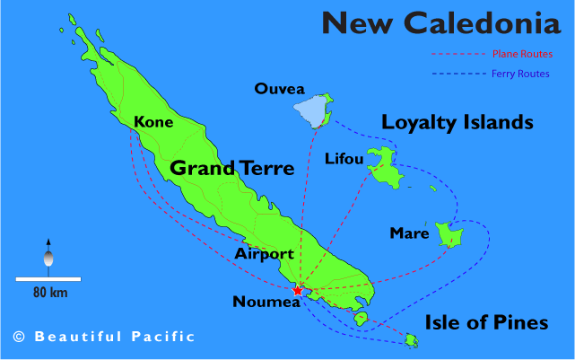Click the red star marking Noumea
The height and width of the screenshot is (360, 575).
[298, 290]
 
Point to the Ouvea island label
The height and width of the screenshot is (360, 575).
[280, 88]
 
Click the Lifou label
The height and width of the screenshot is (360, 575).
[344, 160]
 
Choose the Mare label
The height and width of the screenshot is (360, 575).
[408, 233]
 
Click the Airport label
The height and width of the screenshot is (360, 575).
[264, 254]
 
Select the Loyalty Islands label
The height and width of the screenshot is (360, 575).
[457, 122]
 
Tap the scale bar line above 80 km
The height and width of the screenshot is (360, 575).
[48, 279]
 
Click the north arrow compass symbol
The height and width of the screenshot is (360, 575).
[48, 255]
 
